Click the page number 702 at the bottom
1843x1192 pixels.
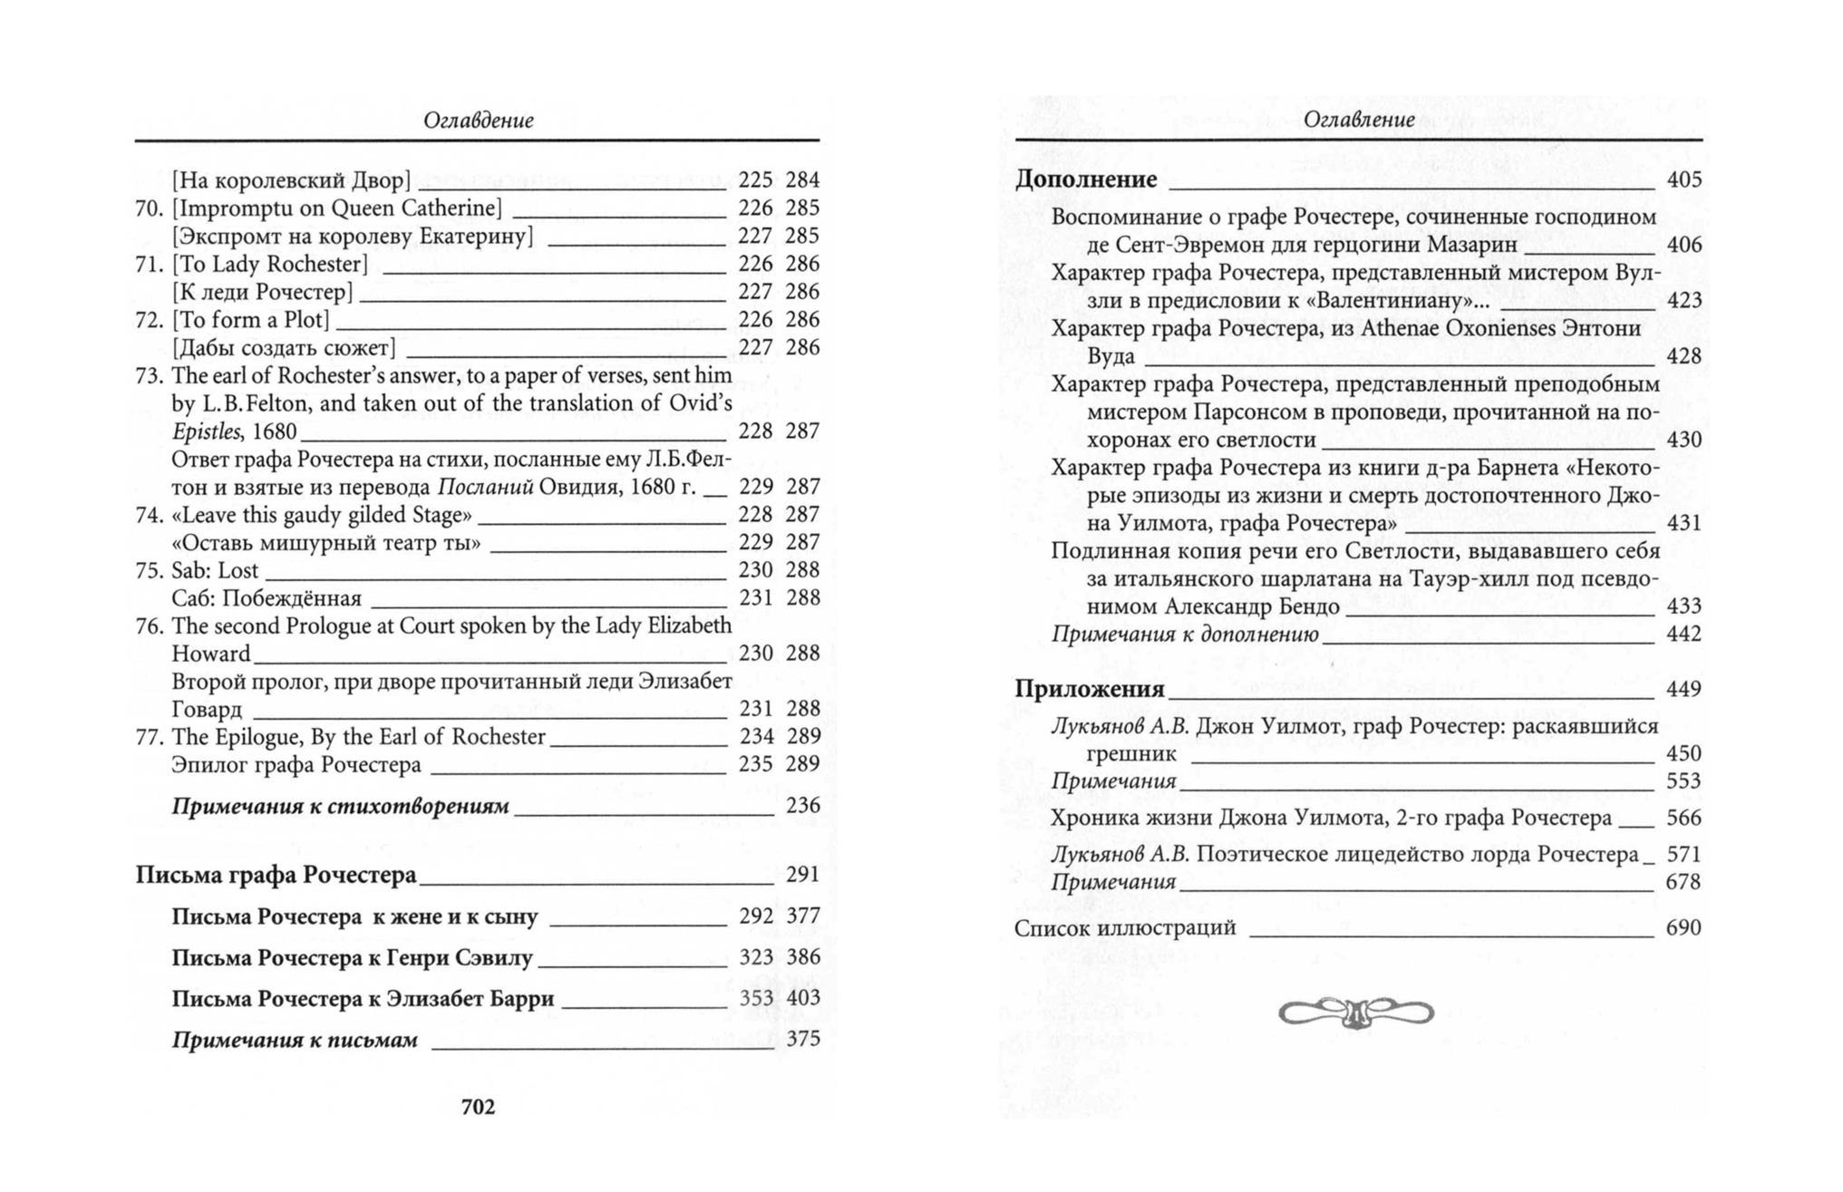[478, 1107]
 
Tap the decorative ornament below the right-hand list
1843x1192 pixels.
[1356, 1013]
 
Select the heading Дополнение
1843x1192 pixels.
[1086, 179]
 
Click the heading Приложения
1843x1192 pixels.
[1090, 689]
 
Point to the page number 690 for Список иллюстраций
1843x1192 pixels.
[1683, 927]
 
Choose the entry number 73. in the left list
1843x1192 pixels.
[149, 375]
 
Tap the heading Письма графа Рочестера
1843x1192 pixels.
[276, 875]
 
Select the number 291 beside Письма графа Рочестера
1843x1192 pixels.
[802, 875]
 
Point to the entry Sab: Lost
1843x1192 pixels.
[215, 570]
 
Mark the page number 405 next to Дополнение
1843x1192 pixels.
[1683, 179]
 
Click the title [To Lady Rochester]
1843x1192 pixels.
[270, 264]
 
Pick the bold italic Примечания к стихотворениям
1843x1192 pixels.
[340, 806]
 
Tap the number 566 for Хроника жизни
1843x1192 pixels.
[1683, 818]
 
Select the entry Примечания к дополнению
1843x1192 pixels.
[1184, 634]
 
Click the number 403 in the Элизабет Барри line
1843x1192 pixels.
[802, 998]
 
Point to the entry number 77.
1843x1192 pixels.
[149, 736]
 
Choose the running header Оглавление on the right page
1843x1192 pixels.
[1358, 120]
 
